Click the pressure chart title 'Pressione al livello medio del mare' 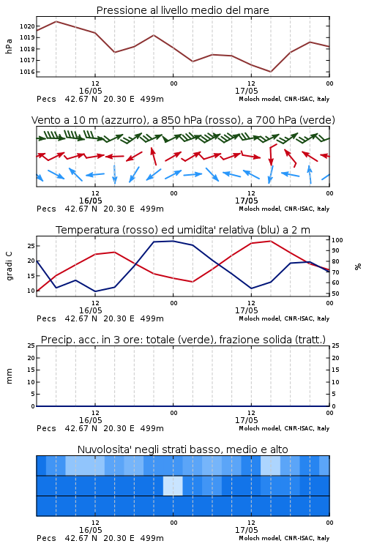pyautogui.click(x=182, y=10)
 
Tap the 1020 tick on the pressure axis pyautogui.click(x=27, y=26)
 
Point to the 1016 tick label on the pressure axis pyautogui.click(x=27, y=72)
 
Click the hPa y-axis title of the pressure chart pyautogui.click(x=9, y=46)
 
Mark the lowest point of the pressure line pyautogui.click(x=270, y=72)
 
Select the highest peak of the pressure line pyautogui.click(x=56, y=21)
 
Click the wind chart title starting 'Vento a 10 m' pyautogui.click(x=183, y=120)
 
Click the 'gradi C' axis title pyautogui.click(x=9, y=266)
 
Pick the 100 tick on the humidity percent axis pyautogui.click(x=337, y=240)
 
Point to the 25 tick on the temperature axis pyautogui.click(x=31, y=246)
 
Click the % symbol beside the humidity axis pyautogui.click(x=358, y=266)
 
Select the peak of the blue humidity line pyautogui.click(x=173, y=241)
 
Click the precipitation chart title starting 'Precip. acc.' pyautogui.click(x=183, y=340)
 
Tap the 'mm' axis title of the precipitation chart pyautogui.click(x=9, y=376)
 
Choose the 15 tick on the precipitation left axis pyautogui.click(x=31, y=370)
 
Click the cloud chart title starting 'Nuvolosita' pyautogui.click(x=182, y=449)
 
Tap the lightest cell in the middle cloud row pyautogui.click(x=173, y=485)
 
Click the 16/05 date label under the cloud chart pyautogui.click(x=90, y=530)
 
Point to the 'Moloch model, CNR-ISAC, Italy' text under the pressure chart pyautogui.click(x=284, y=99)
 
